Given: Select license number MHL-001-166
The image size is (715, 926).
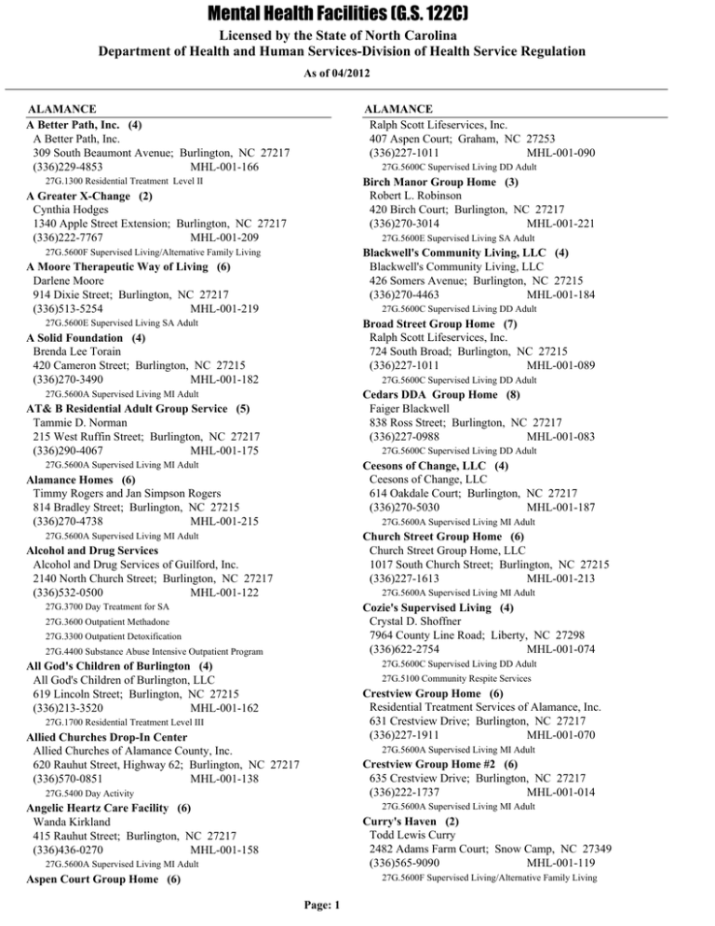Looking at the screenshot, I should [223, 167].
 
